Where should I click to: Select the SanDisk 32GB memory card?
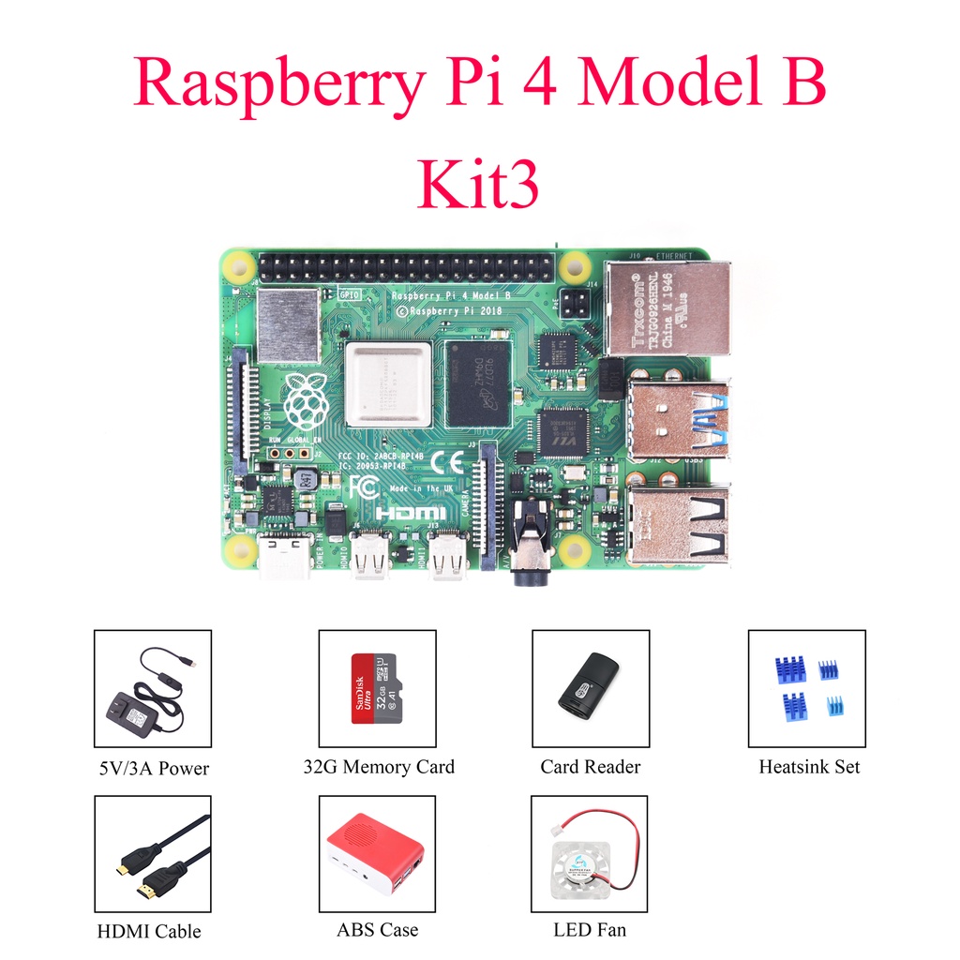tap(377, 688)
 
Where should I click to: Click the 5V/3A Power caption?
tap(152, 769)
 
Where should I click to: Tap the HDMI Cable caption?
tap(148, 932)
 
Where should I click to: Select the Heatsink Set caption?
tap(808, 767)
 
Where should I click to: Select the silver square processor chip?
tap(387, 384)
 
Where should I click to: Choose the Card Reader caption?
tap(590, 767)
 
